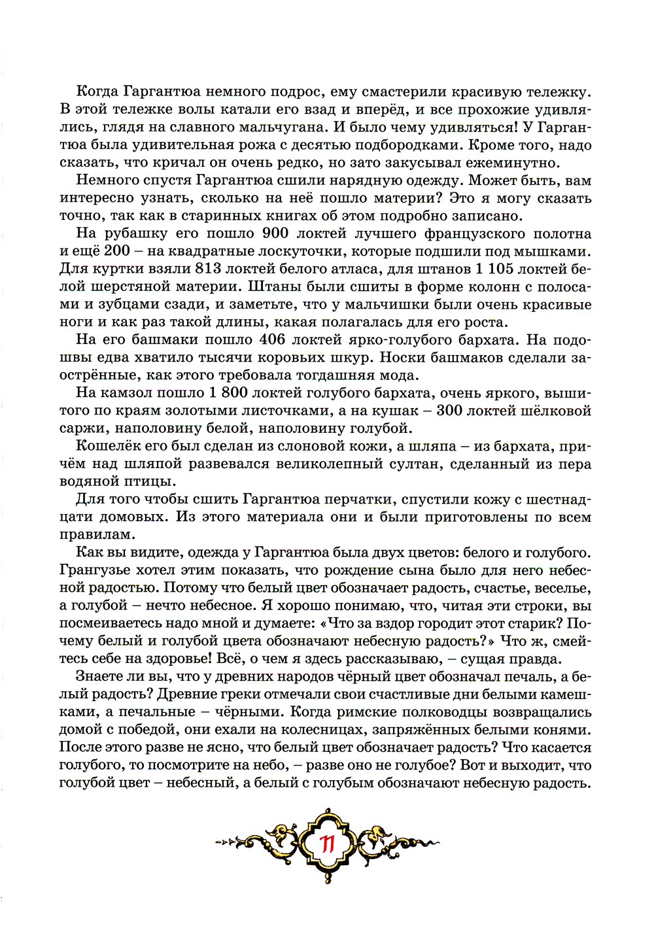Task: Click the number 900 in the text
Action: coord(275,233)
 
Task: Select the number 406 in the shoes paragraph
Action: coord(273,339)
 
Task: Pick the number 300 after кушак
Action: coord(449,411)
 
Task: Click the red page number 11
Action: coord(327,844)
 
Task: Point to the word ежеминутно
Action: coord(519,163)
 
